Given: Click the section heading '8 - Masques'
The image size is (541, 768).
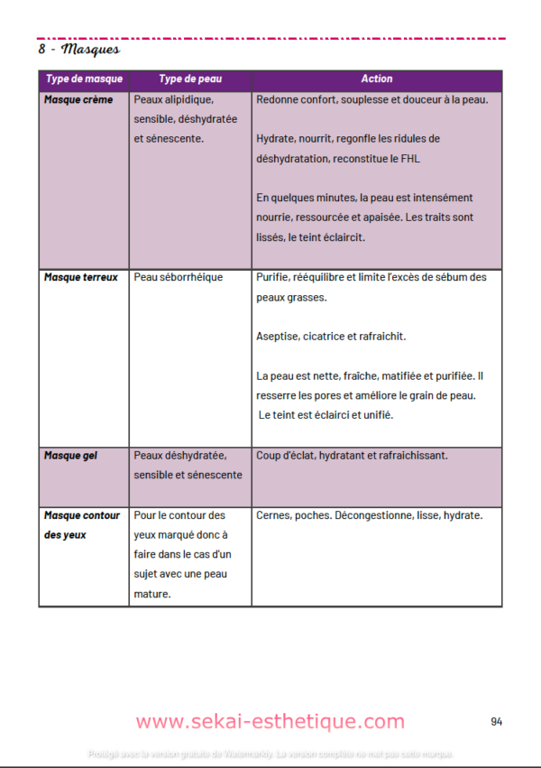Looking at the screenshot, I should pyautogui.click(x=79, y=50).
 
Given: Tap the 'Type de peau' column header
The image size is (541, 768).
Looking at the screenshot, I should pyautogui.click(x=189, y=79).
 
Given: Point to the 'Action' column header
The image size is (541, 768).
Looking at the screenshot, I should pyautogui.click(x=376, y=79).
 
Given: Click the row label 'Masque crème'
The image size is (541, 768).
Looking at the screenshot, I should pyautogui.click(x=78, y=99).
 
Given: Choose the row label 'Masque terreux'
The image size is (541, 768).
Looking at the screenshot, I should pyautogui.click(x=81, y=277).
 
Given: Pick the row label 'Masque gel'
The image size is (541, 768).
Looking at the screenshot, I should pyautogui.click(x=70, y=456).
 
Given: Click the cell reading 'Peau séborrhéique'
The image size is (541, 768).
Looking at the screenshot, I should pyautogui.click(x=178, y=277).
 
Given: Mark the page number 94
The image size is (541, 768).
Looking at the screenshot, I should pyautogui.click(x=497, y=721).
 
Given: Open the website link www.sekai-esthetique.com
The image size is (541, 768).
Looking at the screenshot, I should pyautogui.click(x=270, y=721).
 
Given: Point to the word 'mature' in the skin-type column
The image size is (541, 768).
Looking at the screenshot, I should pyautogui.click(x=152, y=594).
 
